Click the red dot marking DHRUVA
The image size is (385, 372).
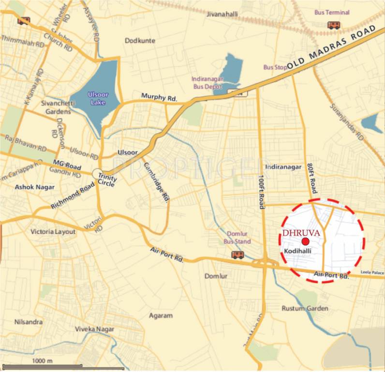tap(305, 241)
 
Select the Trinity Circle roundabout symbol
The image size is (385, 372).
tap(97, 173)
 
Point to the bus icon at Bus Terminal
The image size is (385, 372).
tap(333, 25)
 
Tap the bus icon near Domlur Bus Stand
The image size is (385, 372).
tap(237, 255)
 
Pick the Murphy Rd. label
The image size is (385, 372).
tap(160, 97)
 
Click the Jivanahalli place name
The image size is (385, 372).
tap(222, 15)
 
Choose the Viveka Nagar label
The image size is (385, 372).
tap(94, 329)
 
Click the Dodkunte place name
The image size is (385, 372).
tap(140, 41)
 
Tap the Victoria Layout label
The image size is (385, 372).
tap(53, 232)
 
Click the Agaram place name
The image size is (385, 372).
tap(161, 316)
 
